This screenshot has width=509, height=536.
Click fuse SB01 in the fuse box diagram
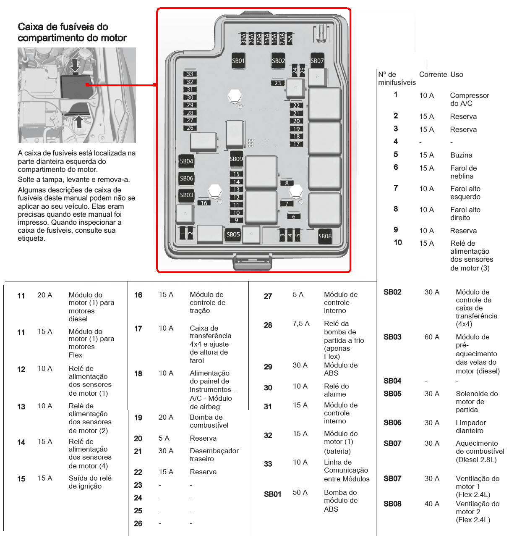(x=238, y=60)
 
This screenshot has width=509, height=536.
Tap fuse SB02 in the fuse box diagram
(x=278, y=60)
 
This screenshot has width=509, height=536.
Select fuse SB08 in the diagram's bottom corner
(x=325, y=236)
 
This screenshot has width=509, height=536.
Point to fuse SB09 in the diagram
(x=236, y=159)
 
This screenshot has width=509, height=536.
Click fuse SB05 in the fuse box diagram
(x=233, y=234)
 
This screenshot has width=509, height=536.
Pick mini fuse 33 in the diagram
(x=190, y=74)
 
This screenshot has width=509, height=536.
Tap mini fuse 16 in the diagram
(x=204, y=203)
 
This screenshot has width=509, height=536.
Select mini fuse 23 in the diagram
(x=278, y=83)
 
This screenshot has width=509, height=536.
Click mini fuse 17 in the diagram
(x=297, y=144)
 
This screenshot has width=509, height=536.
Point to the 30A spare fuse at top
(x=244, y=39)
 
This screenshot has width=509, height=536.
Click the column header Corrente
(x=433, y=74)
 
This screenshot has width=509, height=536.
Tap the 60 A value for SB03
(x=432, y=337)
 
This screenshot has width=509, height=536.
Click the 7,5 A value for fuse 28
(x=301, y=323)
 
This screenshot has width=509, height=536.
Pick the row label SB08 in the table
(x=392, y=504)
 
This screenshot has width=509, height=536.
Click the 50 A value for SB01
(x=300, y=492)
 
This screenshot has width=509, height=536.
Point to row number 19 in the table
(x=138, y=418)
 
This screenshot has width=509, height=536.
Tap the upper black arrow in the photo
(x=75, y=65)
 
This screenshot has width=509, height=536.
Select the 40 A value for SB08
(x=432, y=504)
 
